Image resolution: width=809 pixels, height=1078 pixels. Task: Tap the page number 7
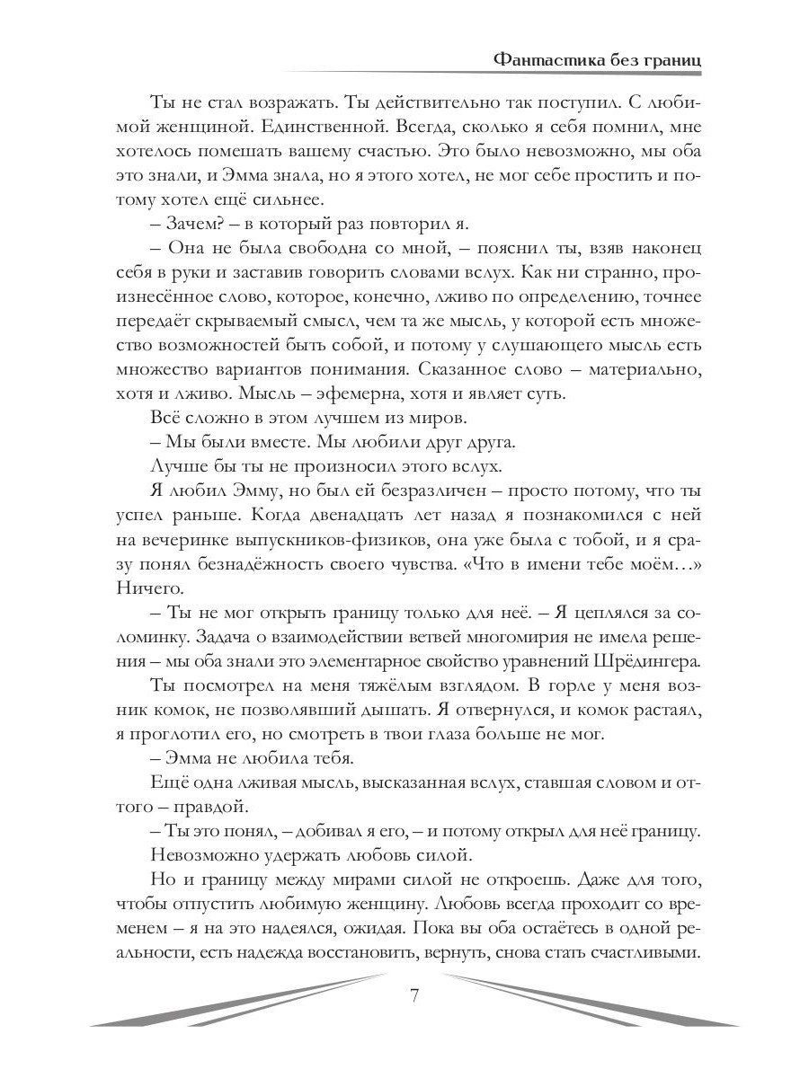(414, 994)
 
